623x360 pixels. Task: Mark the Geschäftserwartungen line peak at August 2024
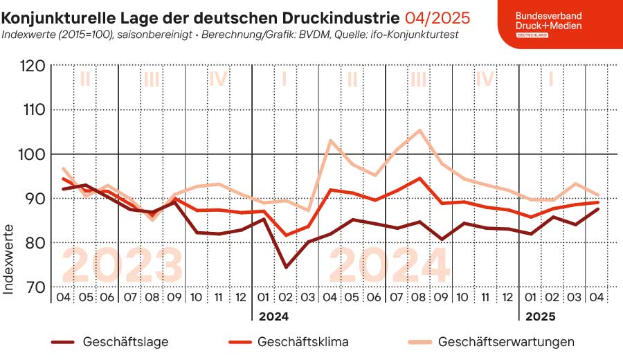[x=419, y=130]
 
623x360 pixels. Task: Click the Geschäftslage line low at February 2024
[x=285, y=267]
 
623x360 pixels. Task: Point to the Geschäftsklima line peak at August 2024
[x=419, y=178]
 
